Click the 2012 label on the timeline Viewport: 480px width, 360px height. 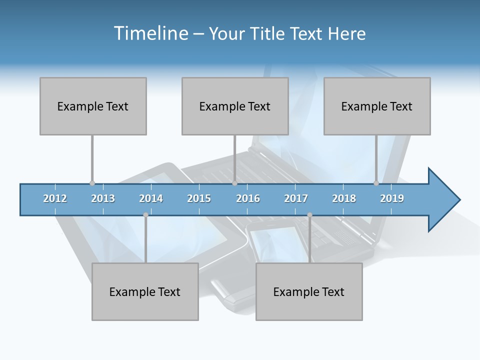pos(55,198)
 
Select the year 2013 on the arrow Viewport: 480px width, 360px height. pos(103,198)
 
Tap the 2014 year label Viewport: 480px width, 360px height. pos(151,198)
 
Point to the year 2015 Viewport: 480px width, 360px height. pos(199,198)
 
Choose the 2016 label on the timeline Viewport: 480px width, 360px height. pos(248,198)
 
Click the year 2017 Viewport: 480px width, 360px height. pos(296,198)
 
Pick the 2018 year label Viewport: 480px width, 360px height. pos(344,198)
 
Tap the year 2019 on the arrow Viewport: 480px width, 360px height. pos(392,198)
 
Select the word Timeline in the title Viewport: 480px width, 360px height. pos(150,33)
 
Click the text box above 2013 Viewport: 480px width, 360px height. pos(93,106)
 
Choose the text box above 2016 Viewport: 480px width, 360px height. pos(235,106)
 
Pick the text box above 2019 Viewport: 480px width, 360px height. pos(377,106)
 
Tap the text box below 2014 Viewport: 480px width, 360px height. pos(145,291)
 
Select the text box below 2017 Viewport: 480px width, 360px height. pos(309,291)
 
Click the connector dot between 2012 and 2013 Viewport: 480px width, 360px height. pos(92,183)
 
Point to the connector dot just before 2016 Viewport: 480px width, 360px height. pos(234,183)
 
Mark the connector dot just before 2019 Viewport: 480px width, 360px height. pos(376,183)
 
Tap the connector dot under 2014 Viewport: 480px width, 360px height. pos(145,215)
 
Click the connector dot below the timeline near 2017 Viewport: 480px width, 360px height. pos(309,215)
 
